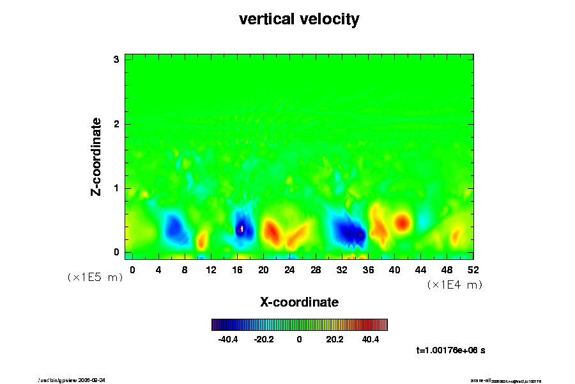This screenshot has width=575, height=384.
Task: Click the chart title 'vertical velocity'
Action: (x=299, y=19)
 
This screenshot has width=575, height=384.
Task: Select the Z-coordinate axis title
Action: (x=96, y=156)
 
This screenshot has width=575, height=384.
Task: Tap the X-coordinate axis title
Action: (x=299, y=301)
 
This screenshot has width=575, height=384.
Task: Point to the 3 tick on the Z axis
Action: (x=117, y=60)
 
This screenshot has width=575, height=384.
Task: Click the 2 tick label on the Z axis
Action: (x=117, y=124)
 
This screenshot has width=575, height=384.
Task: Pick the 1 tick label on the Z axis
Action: (x=117, y=188)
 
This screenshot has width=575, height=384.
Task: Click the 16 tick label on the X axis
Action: (x=237, y=269)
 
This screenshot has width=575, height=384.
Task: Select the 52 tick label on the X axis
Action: (x=473, y=269)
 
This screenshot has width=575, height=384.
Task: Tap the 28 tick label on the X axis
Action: (x=316, y=269)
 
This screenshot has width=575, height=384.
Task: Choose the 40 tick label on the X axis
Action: (x=394, y=269)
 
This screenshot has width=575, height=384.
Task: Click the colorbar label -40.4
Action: (x=228, y=339)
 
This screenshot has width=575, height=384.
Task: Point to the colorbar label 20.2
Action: (x=335, y=339)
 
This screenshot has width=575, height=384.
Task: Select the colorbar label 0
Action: (x=299, y=339)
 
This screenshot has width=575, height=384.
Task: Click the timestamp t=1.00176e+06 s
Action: (x=450, y=350)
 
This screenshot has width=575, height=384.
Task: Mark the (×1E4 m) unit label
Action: (x=454, y=285)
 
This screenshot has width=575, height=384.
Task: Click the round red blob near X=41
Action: (x=402, y=222)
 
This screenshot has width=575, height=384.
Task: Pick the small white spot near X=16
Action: (x=242, y=228)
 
